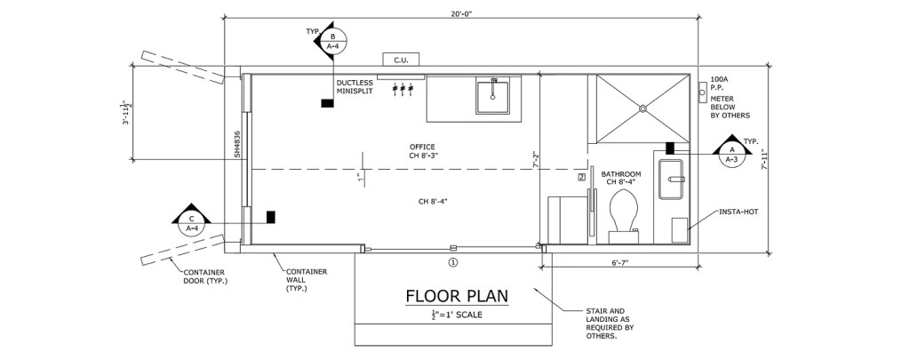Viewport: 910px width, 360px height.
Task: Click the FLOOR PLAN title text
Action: [x=457, y=296]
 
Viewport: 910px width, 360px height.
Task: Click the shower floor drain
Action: [x=643, y=108]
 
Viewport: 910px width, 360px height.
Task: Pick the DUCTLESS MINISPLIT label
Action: [x=355, y=86]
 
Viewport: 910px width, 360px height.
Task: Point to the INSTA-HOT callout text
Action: [x=738, y=212]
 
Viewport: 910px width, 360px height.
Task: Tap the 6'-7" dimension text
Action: [x=619, y=262]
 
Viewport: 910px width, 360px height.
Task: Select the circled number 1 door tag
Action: [x=452, y=262]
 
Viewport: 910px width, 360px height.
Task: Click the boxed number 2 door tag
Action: [x=582, y=178]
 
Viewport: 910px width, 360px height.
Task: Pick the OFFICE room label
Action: [x=421, y=147]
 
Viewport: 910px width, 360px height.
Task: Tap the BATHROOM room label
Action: [x=621, y=174]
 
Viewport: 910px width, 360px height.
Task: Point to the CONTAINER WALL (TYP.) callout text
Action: [x=307, y=280]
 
